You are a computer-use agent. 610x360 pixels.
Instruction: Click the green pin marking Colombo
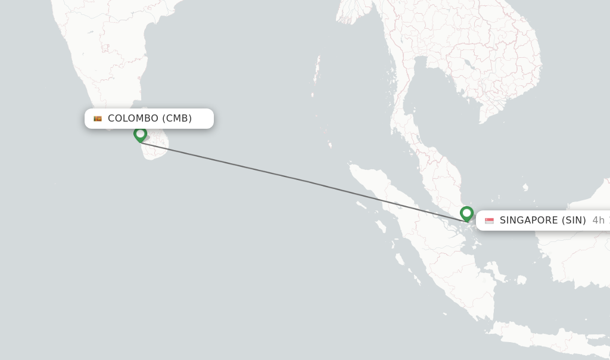[140, 134]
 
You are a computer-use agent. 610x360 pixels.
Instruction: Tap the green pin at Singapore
[466, 213]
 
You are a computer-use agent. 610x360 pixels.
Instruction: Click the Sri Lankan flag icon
[98, 119]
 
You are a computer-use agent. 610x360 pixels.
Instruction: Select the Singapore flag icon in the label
[489, 221]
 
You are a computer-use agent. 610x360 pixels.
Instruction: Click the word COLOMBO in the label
[133, 119]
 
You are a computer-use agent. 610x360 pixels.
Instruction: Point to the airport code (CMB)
[177, 119]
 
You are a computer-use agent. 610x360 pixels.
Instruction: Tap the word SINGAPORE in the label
[529, 221]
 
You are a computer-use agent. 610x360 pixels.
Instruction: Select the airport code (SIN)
[573, 221]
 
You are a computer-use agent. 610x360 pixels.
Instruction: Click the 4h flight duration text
[598, 221]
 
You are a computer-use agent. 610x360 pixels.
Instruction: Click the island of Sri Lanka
[156, 146]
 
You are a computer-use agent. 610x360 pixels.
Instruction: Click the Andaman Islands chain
[316, 75]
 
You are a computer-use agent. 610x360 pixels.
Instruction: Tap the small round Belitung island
[522, 280]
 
